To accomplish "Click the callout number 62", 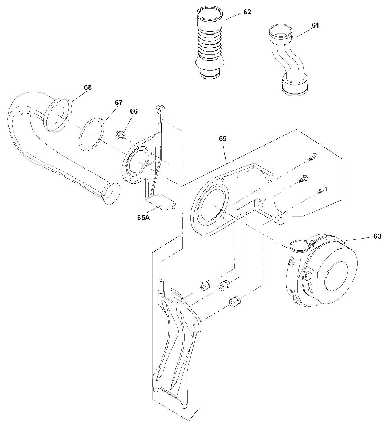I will click(x=247, y=12).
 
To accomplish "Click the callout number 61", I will click(x=315, y=25).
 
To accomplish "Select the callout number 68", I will click(x=88, y=87).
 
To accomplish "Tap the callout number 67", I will click(x=118, y=102).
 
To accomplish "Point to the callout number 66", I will click(x=133, y=111).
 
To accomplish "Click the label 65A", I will click(x=143, y=218).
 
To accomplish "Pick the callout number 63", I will click(x=377, y=236).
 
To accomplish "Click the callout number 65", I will click(x=223, y=138).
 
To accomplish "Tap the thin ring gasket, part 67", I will click(x=91, y=134).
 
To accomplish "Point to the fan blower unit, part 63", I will click(x=327, y=272).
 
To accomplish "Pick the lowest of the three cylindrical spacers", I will click(x=234, y=300).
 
